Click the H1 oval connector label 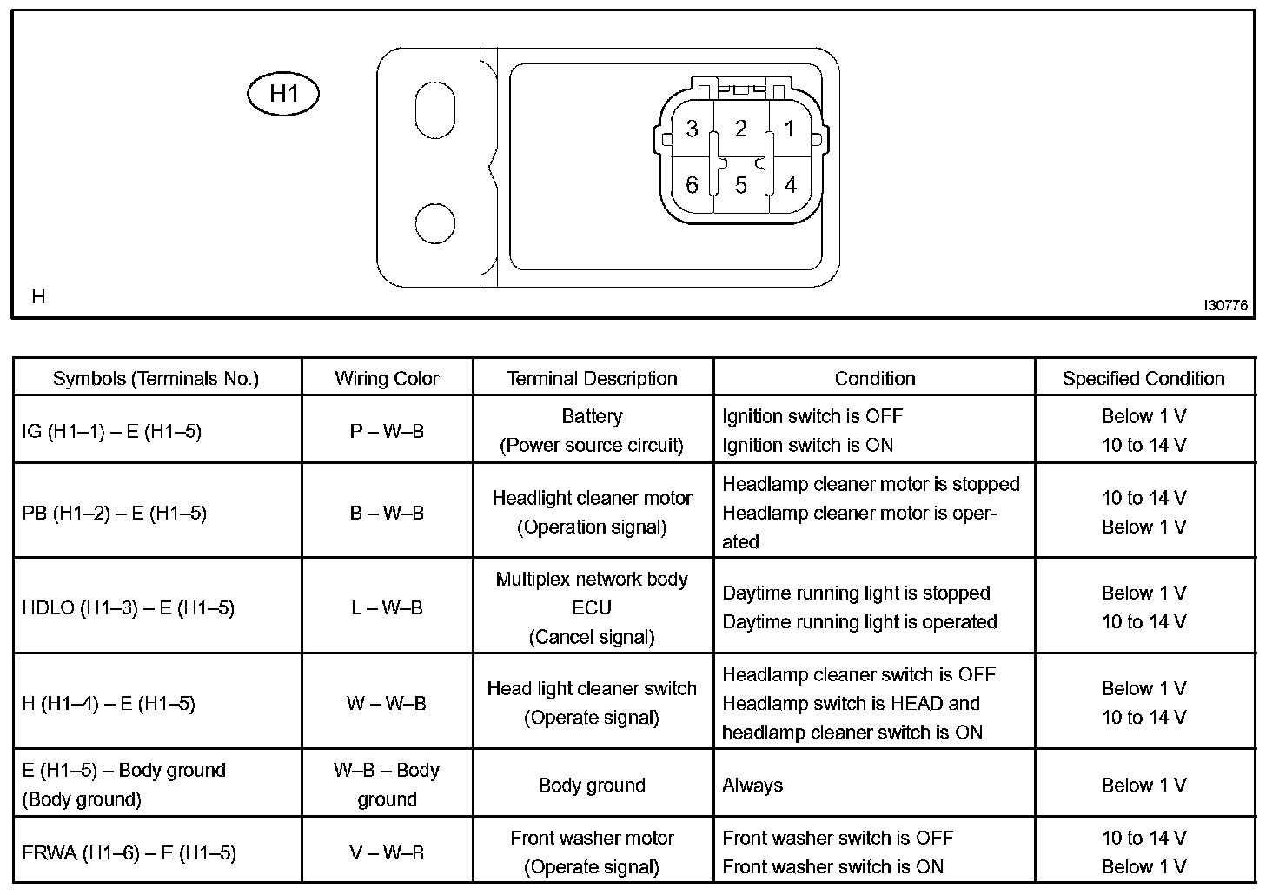pos(283,94)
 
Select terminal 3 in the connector pos(692,129)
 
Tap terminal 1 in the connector pos(789,129)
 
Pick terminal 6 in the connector pos(692,185)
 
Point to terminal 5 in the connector pos(740,185)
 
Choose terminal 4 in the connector pos(790,185)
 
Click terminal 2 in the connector pos(740,129)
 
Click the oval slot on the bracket pos(435,109)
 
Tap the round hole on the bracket pos(435,223)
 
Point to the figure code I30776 pos(1225,305)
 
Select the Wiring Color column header pos(387,378)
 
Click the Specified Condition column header pos(1143,378)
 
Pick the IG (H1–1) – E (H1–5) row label pos(112,431)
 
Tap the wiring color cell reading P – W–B pos(387,431)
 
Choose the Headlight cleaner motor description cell pos(592,512)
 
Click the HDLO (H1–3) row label pos(129,607)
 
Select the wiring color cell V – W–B pos(387,852)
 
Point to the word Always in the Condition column pos(752,785)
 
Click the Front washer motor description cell pos(592,852)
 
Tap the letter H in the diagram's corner pos(38,296)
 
